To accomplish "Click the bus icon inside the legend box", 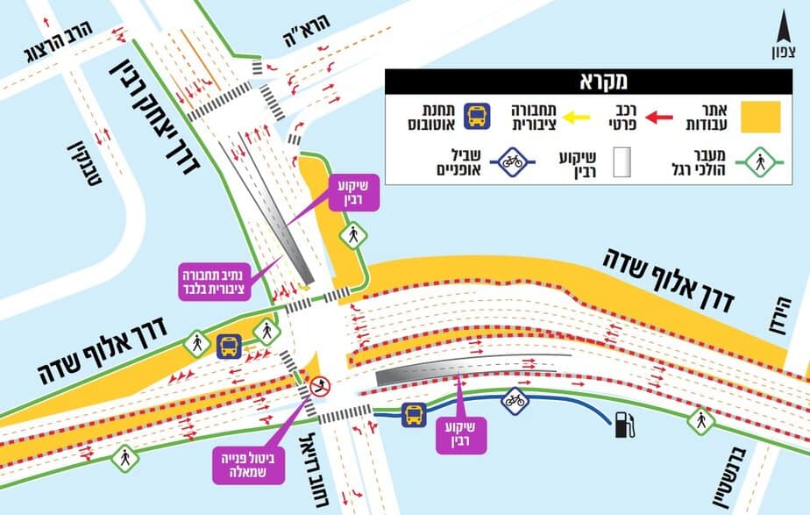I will coord(477,115).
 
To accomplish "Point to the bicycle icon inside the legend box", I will coord(513,161).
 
